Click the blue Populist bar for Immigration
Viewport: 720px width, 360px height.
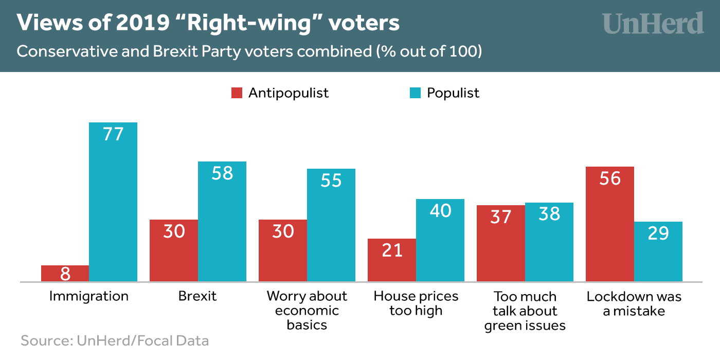tap(113, 206)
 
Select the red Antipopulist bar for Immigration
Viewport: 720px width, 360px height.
tap(65, 273)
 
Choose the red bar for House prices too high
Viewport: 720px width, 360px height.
tap(392, 260)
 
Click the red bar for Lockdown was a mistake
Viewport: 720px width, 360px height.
tap(610, 224)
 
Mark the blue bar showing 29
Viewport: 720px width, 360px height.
tap(658, 252)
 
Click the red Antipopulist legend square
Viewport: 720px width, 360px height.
tap(237, 93)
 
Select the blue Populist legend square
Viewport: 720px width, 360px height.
tap(415, 93)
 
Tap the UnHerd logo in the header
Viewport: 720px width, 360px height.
tap(653, 24)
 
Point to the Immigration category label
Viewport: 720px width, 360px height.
tap(89, 297)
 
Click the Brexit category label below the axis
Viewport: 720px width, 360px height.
tap(197, 297)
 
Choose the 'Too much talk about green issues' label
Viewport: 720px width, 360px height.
tap(525, 311)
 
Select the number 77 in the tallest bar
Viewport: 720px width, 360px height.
tap(113, 134)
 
